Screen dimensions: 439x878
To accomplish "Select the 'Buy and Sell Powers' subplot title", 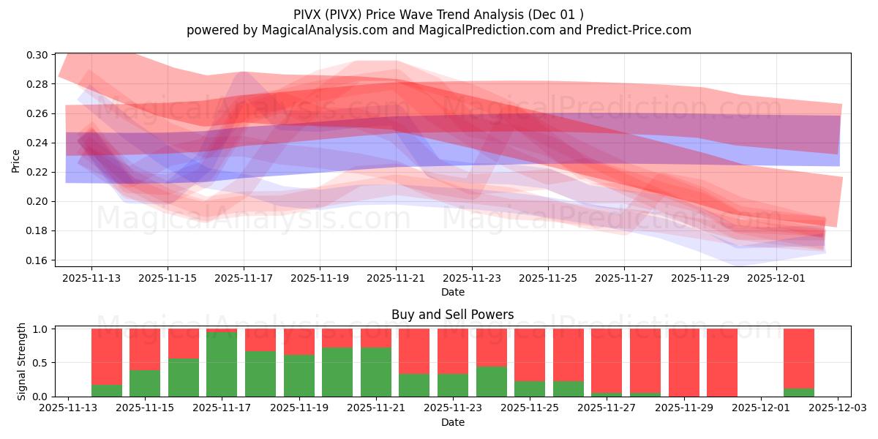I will point(452,315).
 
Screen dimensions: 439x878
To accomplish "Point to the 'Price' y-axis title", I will point(16,160).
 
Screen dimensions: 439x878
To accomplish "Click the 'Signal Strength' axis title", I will point(22,361).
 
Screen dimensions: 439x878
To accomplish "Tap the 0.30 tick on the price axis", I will point(37,55).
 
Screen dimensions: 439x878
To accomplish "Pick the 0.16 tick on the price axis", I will point(37,260).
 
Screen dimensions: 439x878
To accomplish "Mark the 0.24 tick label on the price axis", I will point(37,143).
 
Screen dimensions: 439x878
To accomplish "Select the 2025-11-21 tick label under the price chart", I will point(396,279).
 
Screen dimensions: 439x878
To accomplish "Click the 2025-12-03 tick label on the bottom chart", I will point(837,409).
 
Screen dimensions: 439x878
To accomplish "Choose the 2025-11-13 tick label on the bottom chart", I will point(68,409).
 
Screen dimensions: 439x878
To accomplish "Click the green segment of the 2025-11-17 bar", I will point(222,364).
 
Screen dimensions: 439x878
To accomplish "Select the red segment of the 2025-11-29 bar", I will point(683,362).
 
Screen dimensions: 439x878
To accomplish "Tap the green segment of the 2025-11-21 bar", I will point(376,372).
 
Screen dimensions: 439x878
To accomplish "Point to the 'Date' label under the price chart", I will point(452,292).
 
